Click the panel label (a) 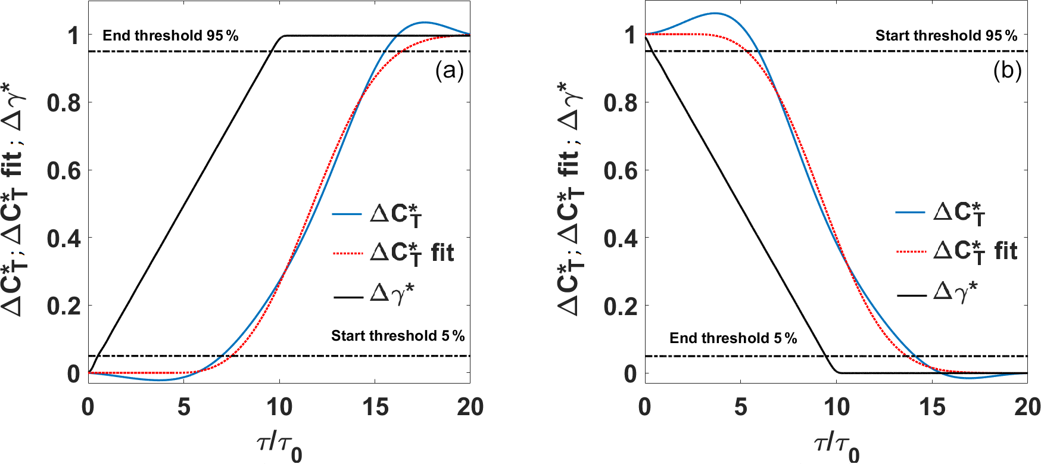[449, 71]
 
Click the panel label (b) [1007, 70]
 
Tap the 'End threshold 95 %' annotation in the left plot [170, 36]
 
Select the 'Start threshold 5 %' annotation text [398, 336]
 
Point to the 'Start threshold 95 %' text [946, 36]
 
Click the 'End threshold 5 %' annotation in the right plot [733, 338]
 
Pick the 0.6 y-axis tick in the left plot [64, 171]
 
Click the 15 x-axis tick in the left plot [375, 407]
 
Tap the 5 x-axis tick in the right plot [741, 407]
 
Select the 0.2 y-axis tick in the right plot [621, 307]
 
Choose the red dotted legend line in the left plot [348, 254]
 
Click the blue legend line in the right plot [911, 212]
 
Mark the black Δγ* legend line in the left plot [348, 296]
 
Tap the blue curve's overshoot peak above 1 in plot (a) [424, 23]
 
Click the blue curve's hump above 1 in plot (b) [714, 13]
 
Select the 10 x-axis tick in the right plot [836, 407]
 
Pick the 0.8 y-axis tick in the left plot [64, 103]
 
